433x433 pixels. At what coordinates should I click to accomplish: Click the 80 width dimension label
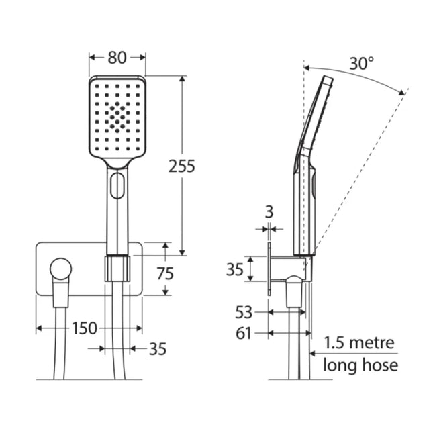[117, 58]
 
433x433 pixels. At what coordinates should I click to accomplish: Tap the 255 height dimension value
[181, 166]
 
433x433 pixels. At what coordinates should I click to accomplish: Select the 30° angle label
[362, 64]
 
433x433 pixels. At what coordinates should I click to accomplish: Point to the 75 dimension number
[165, 273]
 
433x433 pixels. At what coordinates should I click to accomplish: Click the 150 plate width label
[85, 328]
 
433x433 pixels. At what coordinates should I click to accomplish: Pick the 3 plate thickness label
[269, 212]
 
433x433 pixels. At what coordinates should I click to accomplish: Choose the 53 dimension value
[244, 313]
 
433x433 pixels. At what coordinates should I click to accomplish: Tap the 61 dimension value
[244, 334]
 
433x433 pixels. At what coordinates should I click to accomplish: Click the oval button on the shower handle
[117, 185]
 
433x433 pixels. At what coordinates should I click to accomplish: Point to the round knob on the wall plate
[60, 269]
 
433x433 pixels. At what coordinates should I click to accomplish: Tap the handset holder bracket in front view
[117, 269]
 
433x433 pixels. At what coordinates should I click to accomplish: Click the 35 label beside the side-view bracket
[235, 269]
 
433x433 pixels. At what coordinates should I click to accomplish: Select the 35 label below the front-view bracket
[158, 349]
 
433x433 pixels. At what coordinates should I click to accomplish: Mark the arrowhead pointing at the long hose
[313, 354]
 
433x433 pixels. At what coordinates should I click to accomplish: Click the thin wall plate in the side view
[269, 269]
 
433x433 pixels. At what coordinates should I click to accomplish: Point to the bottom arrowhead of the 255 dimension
[182, 252]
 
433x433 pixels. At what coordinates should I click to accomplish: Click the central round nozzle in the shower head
[117, 122]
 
